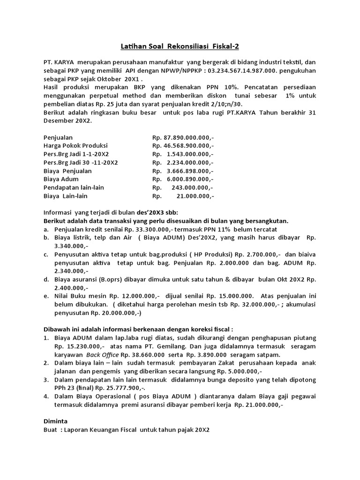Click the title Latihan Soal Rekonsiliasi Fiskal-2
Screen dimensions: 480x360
pos(180,45)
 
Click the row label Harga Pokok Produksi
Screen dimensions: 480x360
pos(75,145)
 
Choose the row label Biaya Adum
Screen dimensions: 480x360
pos(61,179)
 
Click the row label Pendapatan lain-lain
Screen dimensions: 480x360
pos(74,187)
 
